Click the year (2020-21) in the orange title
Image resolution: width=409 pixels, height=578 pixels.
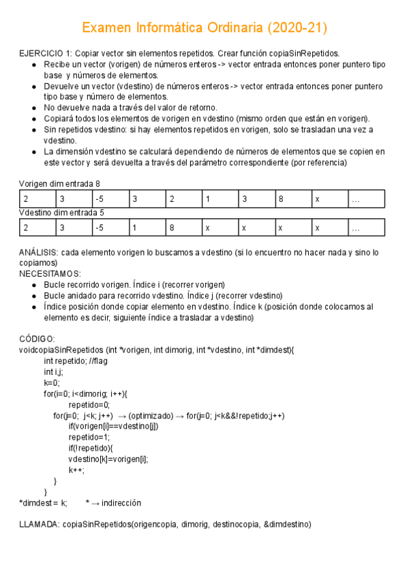(x=297, y=28)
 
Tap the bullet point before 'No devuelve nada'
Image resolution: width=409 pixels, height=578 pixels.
(x=35, y=108)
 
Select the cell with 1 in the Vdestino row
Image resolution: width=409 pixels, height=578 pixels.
(x=147, y=227)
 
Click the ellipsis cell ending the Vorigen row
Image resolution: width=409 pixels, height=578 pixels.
(x=366, y=199)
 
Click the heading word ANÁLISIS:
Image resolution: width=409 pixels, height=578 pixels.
(x=39, y=252)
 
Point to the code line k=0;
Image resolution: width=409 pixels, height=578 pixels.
(x=52, y=383)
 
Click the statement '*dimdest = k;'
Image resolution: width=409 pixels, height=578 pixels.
(x=43, y=503)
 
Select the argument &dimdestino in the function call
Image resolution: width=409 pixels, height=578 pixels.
(x=284, y=525)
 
